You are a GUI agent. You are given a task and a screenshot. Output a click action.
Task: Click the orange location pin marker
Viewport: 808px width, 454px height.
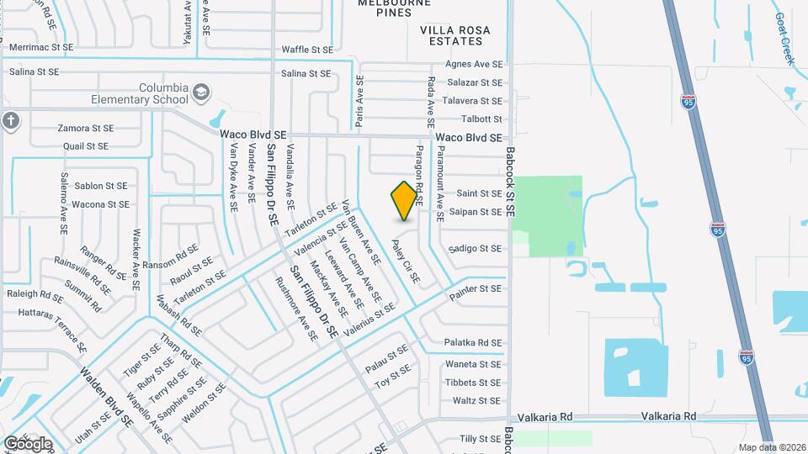pos(404,200)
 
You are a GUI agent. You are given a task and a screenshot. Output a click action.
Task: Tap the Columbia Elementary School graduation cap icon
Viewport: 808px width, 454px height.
pos(200,92)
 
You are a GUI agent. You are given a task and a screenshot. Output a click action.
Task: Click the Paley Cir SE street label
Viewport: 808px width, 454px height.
pos(405,261)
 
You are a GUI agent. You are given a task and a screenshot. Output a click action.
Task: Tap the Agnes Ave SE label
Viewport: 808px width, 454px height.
pos(474,64)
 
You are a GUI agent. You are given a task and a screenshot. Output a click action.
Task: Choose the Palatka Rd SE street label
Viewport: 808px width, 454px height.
pos(473,343)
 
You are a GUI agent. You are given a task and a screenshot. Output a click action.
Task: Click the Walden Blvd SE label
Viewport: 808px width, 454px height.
pos(107,396)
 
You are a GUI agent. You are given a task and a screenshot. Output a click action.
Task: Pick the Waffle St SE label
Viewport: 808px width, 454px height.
pos(307,50)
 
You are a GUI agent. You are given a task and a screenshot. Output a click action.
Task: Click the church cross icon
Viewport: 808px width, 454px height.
pos(10,120)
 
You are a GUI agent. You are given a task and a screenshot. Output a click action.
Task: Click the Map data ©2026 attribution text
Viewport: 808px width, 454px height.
pos(771,447)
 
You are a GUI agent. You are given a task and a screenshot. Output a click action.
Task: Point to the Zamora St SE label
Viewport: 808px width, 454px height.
pos(85,129)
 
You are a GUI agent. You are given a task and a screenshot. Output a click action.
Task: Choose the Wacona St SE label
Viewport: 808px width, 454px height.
pos(100,204)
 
